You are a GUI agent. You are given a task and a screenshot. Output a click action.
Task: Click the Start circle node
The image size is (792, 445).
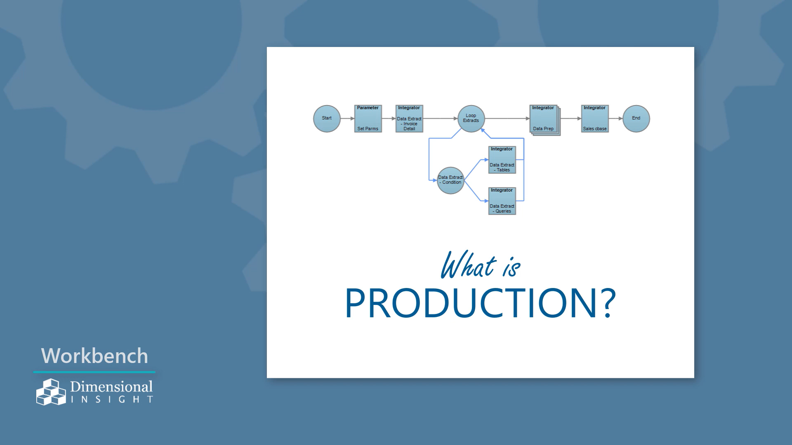(x=327, y=119)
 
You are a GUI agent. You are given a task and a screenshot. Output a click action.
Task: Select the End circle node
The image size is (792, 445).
(x=636, y=119)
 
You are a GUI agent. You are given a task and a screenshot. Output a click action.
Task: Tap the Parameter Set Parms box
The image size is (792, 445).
(x=368, y=119)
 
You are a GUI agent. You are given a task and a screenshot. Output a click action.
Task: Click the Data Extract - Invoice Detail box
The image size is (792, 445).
(x=409, y=119)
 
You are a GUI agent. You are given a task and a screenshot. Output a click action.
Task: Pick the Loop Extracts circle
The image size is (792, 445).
(x=471, y=119)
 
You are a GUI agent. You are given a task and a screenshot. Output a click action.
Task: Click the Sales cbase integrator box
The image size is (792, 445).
(x=595, y=119)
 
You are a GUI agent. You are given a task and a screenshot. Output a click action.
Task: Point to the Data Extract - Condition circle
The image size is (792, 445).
(x=450, y=180)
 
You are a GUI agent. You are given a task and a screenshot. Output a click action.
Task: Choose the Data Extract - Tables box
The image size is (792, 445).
(x=502, y=160)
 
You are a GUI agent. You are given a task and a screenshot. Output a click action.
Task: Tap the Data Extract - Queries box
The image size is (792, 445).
(x=502, y=201)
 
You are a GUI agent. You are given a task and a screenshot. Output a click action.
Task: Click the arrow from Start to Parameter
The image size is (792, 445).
(x=347, y=119)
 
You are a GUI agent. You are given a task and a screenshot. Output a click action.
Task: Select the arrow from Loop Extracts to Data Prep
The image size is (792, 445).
(x=507, y=119)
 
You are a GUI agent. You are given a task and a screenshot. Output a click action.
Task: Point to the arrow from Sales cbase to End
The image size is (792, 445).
(x=615, y=119)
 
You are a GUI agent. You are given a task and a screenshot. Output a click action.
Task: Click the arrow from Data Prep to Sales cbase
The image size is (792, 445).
(x=571, y=119)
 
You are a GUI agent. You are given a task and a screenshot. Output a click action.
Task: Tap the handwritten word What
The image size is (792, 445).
(x=468, y=265)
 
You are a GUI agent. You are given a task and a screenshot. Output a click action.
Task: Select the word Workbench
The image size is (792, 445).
(x=94, y=356)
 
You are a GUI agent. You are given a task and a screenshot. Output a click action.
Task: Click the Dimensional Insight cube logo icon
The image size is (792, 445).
(x=51, y=392)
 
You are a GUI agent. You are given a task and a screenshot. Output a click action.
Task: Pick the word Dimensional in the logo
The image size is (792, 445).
(x=111, y=386)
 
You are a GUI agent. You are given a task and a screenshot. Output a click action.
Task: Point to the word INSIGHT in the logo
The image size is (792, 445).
(x=112, y=399)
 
